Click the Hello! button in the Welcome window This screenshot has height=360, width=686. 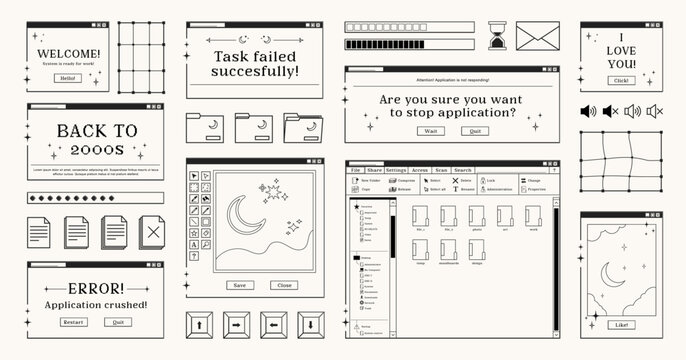(x=68, y=77)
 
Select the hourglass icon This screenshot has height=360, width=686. (x=497, y=37)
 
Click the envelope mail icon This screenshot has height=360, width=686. (x=541, y=37)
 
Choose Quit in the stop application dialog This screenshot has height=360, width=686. (x=475, y=131)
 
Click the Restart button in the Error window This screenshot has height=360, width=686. (x=73, y=322)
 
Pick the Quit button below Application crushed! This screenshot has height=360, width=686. (x=119, y=322)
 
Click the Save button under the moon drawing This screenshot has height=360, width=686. (x=239, y=285)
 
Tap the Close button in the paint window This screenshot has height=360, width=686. (x=284, y=285)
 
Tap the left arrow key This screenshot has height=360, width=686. (x=274, y=325)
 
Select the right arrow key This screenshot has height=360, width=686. (x=237, y=325)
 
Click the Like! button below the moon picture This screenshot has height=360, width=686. (x=622, y=324)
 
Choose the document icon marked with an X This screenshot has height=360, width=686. (x=152, y=232)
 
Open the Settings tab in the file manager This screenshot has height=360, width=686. (x=396, y=171)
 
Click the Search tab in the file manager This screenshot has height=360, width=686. (x=462, y=171)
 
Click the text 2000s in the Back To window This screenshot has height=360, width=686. (x=95, y=150)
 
